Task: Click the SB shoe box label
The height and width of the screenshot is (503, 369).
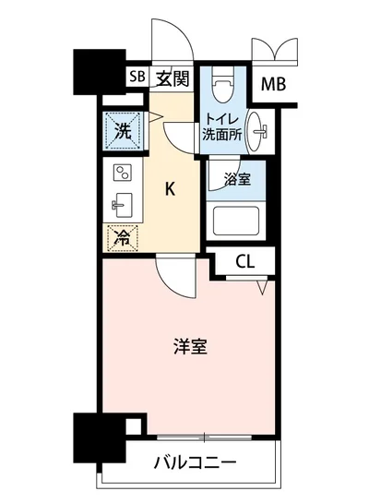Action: (137, 78)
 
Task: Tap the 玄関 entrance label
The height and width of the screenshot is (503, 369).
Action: (173, 78)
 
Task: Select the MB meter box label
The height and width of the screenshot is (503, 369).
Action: (273, 85)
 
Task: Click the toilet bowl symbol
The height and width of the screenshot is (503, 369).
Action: (220, 88)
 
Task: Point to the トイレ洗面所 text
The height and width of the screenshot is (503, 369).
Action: (221, 126)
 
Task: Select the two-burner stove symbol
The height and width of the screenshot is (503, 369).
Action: (121, 173)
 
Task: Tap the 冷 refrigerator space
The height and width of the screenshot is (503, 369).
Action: (121, 237)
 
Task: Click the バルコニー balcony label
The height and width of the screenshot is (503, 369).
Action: (194, 461)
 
